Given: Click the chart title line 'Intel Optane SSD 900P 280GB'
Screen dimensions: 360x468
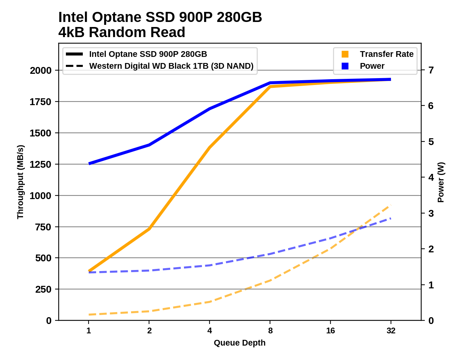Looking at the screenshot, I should coord(160,17).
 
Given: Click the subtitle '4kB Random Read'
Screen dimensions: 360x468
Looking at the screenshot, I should coord(122,32).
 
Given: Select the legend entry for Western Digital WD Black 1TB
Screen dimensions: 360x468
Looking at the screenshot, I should coord(171,66).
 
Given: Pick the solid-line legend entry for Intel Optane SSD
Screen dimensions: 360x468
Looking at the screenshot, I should coord(148,54).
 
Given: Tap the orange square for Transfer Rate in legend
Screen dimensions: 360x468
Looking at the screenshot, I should coord(345,54).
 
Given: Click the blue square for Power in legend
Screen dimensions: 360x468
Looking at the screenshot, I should coord(345,66).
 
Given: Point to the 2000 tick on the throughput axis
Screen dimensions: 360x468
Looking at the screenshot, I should coord(41,71).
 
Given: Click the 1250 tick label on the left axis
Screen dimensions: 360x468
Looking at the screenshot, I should coord(41,165).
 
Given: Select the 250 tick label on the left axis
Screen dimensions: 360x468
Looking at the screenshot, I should coord(43,289).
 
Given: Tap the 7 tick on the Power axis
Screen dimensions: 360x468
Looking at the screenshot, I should coord(431,70).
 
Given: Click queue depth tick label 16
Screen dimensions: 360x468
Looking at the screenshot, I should coord(330,331).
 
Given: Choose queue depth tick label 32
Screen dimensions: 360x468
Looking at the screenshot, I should coord(391,331).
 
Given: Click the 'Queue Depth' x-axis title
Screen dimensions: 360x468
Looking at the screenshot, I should coord(239,343).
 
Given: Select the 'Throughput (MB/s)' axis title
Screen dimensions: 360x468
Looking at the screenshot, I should coord(20,182).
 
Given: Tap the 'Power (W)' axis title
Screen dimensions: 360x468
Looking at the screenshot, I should coord(441,182).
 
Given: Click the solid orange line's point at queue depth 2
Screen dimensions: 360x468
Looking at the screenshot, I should coord(149,229).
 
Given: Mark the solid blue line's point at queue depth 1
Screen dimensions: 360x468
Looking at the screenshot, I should coord(89,164).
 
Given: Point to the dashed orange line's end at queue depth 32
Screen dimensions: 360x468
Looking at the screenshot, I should coord(391,206).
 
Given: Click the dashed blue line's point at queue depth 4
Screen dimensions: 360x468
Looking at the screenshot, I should coord(210,265).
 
